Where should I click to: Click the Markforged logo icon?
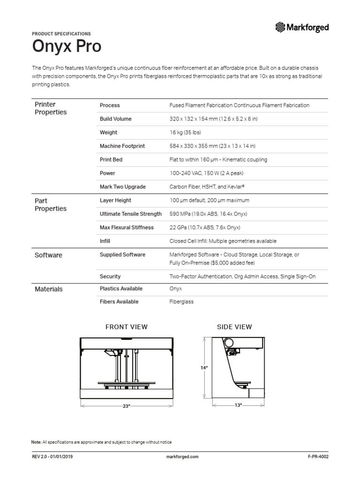[280, 27]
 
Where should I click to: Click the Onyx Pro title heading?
[66, 47]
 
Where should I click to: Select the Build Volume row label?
[115, 119]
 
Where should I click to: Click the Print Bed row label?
[111, 160]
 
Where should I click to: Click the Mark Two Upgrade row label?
[122, 187]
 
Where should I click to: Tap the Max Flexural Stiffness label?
[127, 228]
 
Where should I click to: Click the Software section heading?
[48, 255]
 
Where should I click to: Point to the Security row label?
[110, 277]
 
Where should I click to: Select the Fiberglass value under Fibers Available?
[181, 302]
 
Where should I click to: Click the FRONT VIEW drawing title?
[126, 327]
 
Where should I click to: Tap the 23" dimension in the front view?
[126, 406]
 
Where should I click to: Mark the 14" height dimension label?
[204, 368]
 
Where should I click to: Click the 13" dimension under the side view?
[238, 405]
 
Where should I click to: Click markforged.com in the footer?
[183, 456]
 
